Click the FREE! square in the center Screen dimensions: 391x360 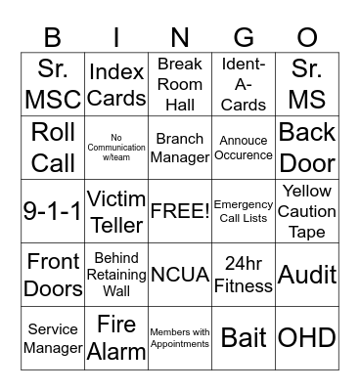click(180, 211)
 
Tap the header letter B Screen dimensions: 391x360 click(53, 37)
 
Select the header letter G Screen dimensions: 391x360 click(244, 37)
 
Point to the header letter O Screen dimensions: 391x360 click(307, 37)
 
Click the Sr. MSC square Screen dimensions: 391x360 click(53, 84)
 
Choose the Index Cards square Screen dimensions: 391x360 click(116, 84)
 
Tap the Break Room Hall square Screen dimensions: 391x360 click(180, 84)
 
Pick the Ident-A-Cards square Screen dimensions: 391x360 click(244, 84)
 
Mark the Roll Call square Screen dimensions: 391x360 click(53, 148)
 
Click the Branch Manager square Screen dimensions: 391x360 click(180, 148)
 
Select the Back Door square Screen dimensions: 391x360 click(307, 148)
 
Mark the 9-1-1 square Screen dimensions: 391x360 click(53, 211)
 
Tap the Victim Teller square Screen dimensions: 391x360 click(116, 211)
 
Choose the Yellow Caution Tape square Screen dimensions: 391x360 click(307, 211)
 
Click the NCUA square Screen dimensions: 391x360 click(180, 275)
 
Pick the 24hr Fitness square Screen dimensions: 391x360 click(244, 275)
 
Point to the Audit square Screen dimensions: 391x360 click(307, 275)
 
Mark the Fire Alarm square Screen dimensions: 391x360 click(116, 337)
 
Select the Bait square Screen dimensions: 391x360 click(244, 337)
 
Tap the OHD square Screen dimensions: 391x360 click(307, 337)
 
